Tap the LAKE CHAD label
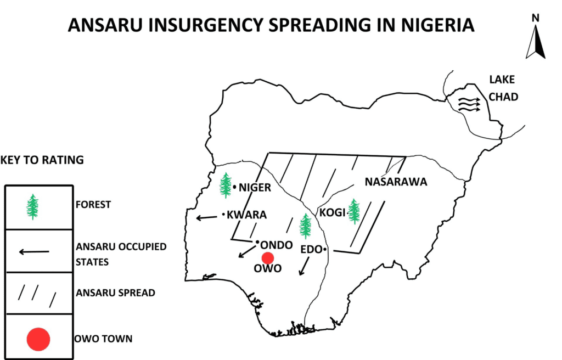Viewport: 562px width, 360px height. pos(503,88)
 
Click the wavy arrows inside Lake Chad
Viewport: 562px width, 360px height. pos(469,104)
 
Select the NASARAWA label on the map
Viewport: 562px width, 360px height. pos(396,182)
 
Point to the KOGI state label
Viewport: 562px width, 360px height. pos(332,212)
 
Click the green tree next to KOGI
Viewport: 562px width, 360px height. pos(354,211)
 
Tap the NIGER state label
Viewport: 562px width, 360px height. pos(255,188)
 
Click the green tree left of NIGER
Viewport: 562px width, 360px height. pos(226,185)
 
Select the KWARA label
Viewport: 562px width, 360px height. pos(246,215)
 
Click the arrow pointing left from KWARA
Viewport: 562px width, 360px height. pos(207,218)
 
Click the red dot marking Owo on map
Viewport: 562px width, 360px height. pos(268,258)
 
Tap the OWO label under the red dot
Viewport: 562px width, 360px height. pos(267,269)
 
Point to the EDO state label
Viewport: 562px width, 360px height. pos(311,250)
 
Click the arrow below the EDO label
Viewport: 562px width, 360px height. pos(302,267)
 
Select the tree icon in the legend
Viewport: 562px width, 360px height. pos(33,207)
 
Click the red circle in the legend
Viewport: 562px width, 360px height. pos(38,339)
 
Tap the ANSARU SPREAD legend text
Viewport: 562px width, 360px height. pos(115,293)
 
